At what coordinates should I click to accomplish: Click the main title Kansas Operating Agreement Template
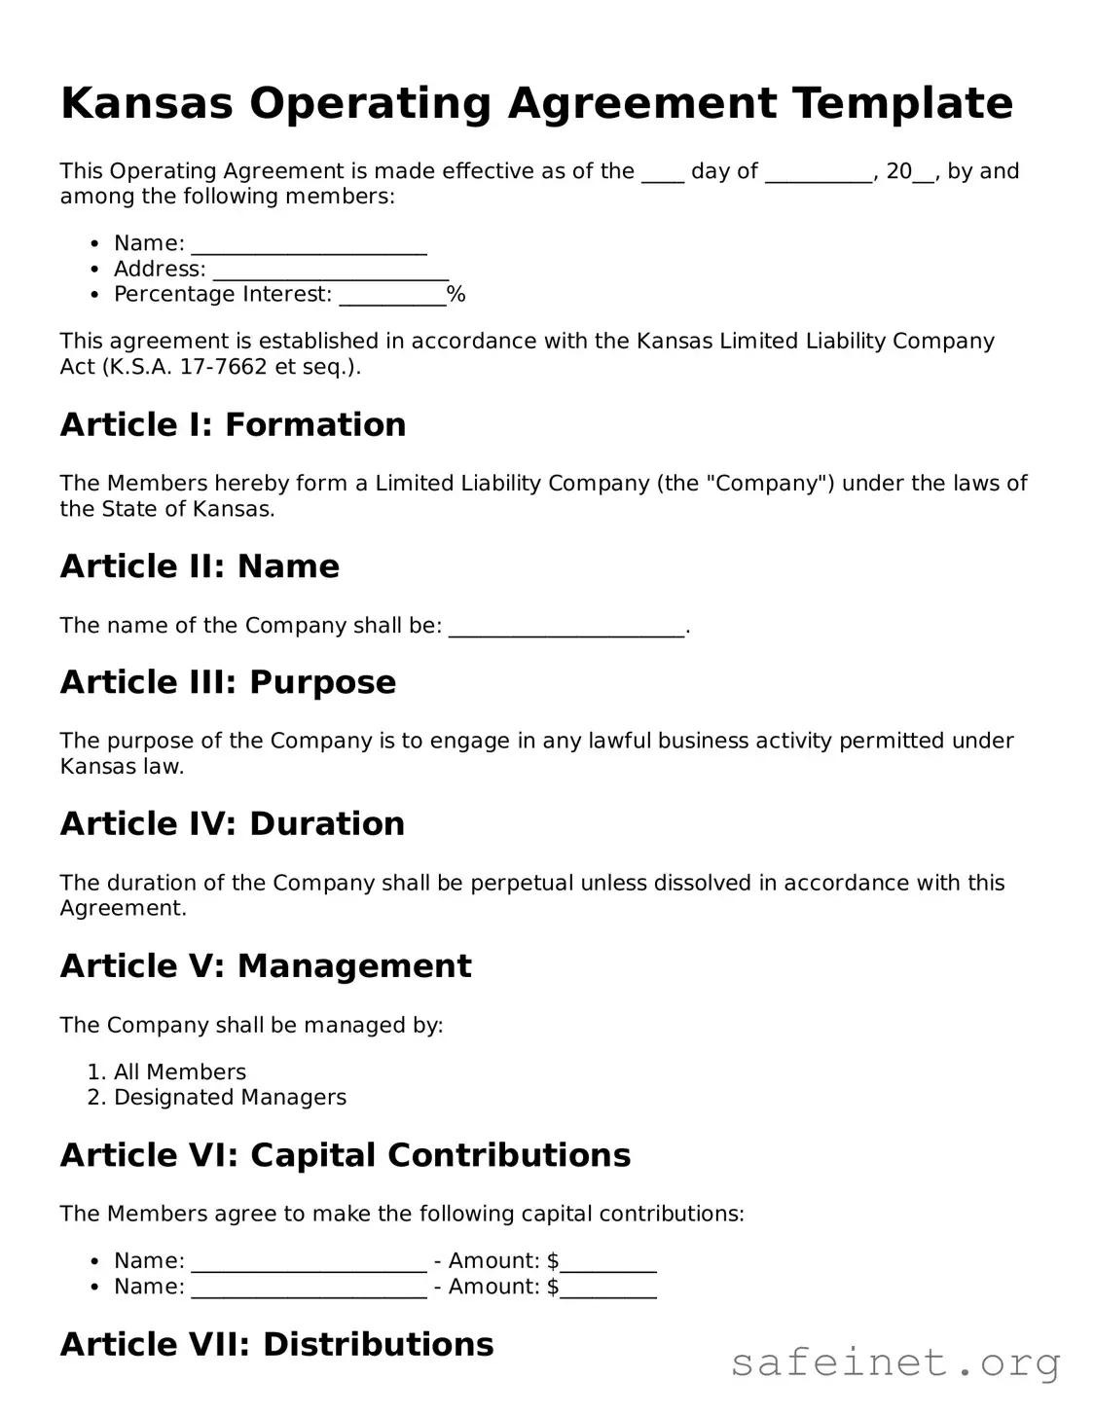(536, 103)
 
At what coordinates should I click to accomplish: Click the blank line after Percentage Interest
(392, 296)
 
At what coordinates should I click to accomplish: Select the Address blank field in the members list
(330, 271)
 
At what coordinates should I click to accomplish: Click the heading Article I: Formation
(233, 424)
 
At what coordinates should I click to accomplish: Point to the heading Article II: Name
(200, 566)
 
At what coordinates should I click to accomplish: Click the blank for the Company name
(566, 627)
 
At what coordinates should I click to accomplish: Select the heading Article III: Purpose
(228, 682)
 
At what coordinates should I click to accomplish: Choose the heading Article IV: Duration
(232, 824)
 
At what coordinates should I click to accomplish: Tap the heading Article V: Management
(266, 966)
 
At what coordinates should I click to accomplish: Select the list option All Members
(180, 1072)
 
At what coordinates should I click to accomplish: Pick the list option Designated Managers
(230, 1098)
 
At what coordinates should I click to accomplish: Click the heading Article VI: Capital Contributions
(346, 1155)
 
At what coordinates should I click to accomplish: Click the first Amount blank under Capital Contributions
(608, 1263)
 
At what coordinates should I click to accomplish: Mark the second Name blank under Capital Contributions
(309, 1289)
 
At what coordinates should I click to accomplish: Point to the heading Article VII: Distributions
(276, 1344)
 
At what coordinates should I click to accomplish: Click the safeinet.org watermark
(895, 1363)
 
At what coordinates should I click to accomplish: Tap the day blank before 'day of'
(663, 173)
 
